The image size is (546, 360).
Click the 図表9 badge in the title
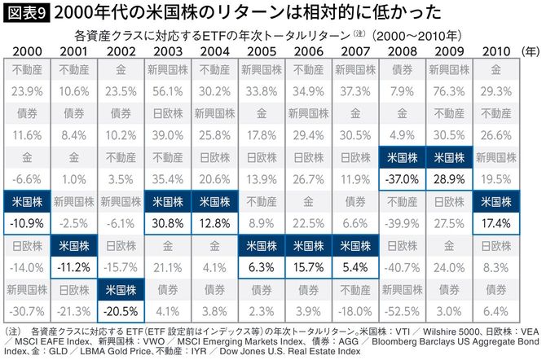tap(27, 13)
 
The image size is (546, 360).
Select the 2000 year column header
tap(27, 53)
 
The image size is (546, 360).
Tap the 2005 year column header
tap(262, 53)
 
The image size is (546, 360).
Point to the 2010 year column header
tap(495, 53)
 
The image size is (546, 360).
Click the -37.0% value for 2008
tap(402, 178)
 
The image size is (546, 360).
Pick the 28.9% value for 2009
tap(449, 178)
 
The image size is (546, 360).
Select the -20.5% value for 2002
tap(121, 310)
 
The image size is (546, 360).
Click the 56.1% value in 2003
tap(168, 90)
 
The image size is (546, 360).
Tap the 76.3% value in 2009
tap(449, 90)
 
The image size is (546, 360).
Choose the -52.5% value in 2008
tap(402, 310)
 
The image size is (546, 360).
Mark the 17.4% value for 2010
tap(495, 222)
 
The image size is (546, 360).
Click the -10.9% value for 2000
tap(27, 222)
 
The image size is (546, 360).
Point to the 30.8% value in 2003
tap(168, 222)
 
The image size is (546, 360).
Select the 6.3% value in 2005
tap(262, 266)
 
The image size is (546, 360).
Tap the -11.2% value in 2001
tap(74, 266)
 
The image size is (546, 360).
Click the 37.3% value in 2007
tap(355, 90)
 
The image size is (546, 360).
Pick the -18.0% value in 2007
tap(355, 310)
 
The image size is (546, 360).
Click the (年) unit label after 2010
tap(530, 53)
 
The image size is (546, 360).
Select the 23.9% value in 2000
tap(27, 90)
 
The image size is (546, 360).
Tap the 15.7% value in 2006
tap(308, 266)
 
